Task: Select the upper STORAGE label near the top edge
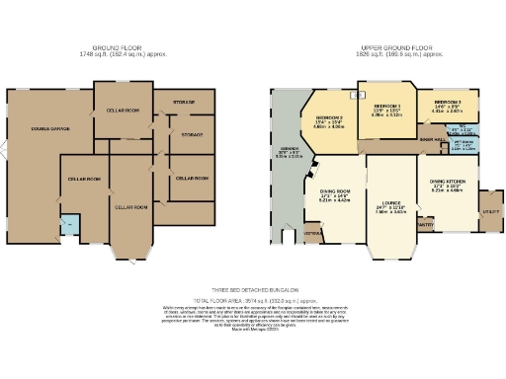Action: click(x=185, y=102)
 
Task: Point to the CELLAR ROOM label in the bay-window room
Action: click(x=130, y=206)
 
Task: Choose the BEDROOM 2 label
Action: click(x=329, y=118)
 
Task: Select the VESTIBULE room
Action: click(x=313, y=233)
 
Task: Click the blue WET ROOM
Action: click(x=464, y=148)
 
